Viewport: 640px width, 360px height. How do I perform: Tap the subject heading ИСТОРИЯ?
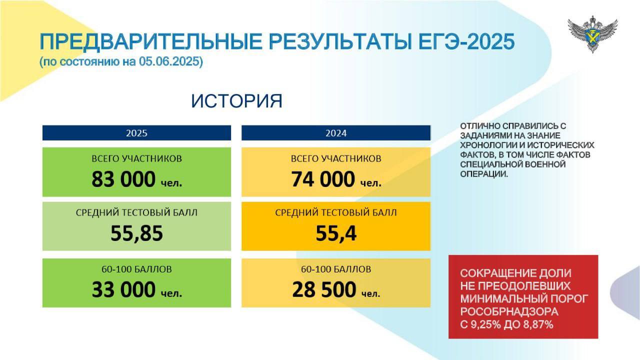[x=236, y=101]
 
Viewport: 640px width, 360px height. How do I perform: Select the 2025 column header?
[x=136, y=133]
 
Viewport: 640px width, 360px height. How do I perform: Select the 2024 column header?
[x=336, y=133]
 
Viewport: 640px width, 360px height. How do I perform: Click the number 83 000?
[x=123, y=179]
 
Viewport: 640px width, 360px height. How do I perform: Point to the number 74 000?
[x=323, y=179]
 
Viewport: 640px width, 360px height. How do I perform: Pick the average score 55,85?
[x=136, y=233]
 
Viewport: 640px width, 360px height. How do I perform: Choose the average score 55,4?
[x=336, y=233]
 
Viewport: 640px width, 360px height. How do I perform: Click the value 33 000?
[x=123, y=289]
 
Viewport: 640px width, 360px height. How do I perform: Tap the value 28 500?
[x=324, y=289]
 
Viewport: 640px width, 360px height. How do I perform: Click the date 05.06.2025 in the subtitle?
[x=169, y=61]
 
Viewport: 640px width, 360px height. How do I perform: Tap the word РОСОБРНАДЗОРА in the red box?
[x=509, y=311]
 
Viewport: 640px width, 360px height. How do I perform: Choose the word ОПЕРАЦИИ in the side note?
[x=484, y=174]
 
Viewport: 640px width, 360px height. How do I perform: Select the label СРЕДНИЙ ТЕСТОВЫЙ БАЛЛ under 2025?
[x=136, y=213]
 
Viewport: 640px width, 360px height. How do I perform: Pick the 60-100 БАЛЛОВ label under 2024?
[x=336, y=269]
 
